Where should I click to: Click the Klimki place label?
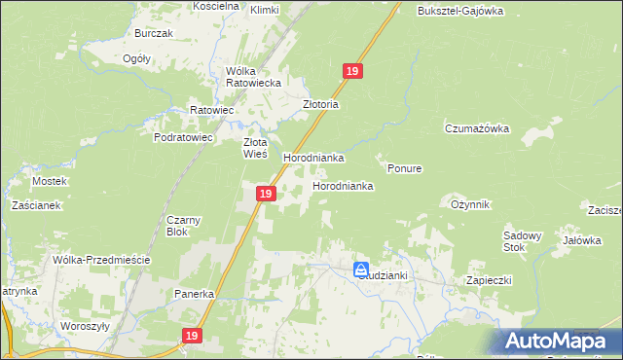(x=265, y=10)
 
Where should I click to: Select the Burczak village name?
(x=154, y=33)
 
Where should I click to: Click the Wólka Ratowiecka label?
(x=253, y=77)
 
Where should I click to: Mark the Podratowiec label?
(x=183, y=138)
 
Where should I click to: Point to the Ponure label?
(x=404, y=168)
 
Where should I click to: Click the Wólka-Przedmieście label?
(x=100, y=260)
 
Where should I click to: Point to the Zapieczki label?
(x=489, y=280)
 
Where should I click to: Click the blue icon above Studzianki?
(x=361, y=269)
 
